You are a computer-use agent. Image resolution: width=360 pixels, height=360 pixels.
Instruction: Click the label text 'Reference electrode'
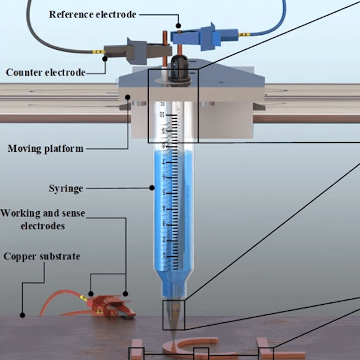92,14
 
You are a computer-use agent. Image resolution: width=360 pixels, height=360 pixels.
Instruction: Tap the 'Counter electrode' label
46,73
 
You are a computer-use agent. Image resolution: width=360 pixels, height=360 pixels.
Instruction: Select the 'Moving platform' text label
46,149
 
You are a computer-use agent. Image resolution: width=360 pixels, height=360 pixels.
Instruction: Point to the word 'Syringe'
66,188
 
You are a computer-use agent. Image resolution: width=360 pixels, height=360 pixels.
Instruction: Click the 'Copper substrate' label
42,256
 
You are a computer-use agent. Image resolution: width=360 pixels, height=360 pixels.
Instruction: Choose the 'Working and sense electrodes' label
43,219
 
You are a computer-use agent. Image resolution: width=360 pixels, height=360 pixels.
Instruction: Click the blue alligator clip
205,37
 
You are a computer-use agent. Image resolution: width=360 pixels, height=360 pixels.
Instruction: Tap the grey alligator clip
138,51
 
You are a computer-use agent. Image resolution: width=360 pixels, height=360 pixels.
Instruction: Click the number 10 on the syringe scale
162,115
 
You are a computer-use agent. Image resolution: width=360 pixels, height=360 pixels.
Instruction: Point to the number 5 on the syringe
164,193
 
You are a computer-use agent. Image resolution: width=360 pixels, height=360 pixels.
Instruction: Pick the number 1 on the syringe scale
164,256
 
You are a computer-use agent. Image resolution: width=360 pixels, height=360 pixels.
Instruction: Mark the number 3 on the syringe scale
164,224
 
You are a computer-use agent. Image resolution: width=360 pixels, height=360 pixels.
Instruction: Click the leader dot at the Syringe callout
152,188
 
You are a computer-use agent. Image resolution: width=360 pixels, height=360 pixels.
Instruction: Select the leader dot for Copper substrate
22,315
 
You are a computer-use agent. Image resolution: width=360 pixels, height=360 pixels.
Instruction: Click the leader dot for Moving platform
128,97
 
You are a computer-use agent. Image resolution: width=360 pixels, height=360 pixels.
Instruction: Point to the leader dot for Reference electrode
178,26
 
